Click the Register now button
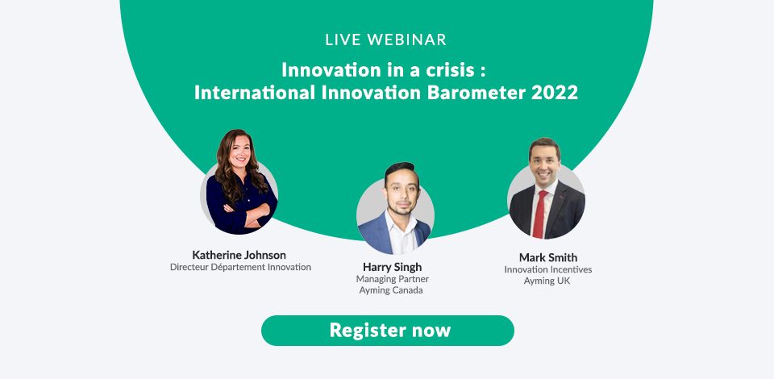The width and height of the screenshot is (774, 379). click(x=388, y=331)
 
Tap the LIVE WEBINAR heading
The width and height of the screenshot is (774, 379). click(x=386, y=40)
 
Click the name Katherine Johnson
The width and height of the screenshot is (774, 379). click(x=239, y=255)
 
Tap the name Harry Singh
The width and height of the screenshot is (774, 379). click(x=393, y=267)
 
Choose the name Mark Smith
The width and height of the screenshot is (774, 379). click(x=548, y=257)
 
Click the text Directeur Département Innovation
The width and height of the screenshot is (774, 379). click(x=240, y=267)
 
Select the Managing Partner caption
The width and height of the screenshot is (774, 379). click(x=393, y=279)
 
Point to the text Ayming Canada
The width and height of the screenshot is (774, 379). click(x=391, y=290)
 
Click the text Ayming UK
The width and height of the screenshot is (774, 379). click(x=547, y=281)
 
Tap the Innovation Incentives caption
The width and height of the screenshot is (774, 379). click(x=548, y=269)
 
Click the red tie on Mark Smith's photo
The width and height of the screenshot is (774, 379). click(x=539, y=214)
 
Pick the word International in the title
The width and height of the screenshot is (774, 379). click(x=255, y=92)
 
